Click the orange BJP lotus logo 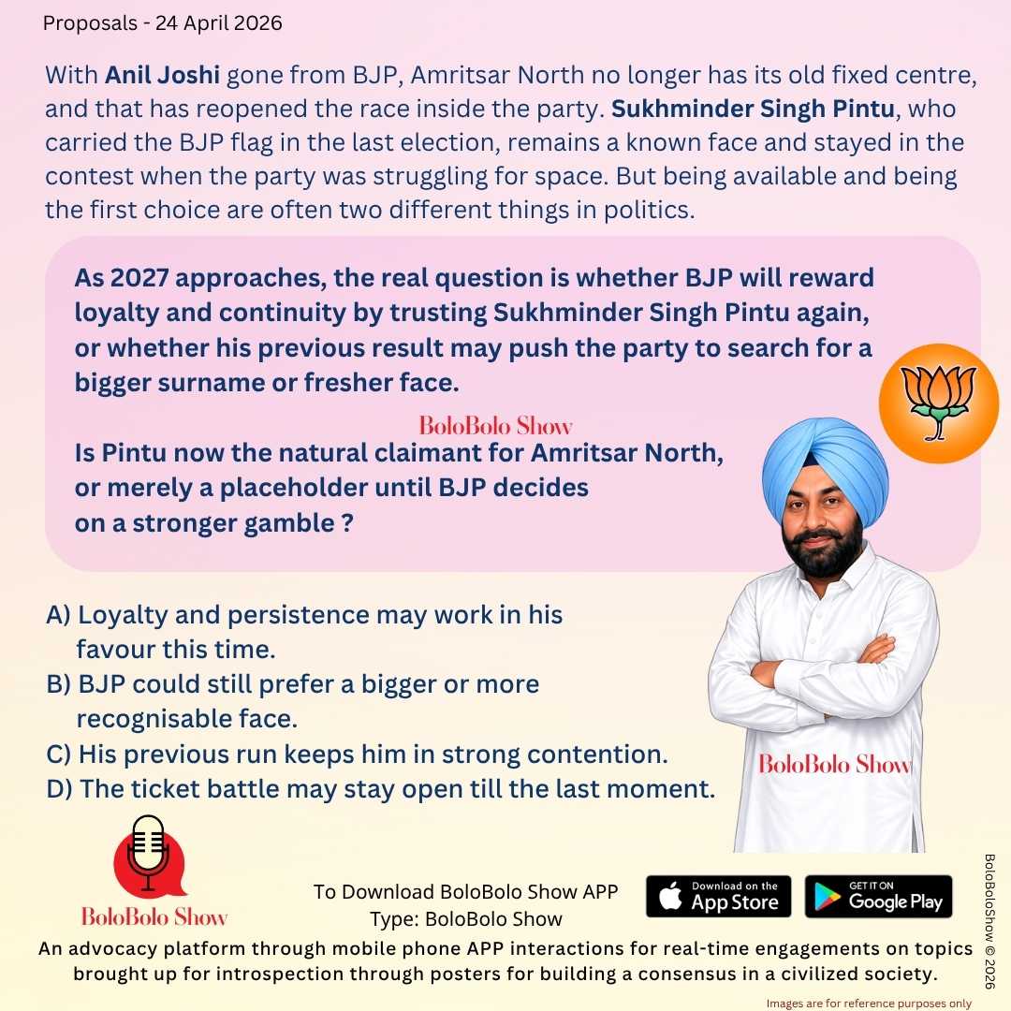(x=938, y=403)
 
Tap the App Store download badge (x=718, y=896)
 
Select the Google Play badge (x=878, y=896)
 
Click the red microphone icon (x=148, y=857)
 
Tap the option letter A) (x=59, y=615)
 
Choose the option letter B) (x=59, y=684)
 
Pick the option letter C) (x=59, y=754)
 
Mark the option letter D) (x=59, y=788)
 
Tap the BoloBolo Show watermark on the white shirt (x=834, y=765)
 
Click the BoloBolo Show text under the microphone (x=154, y=916)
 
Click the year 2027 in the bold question (x=138, y=279)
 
